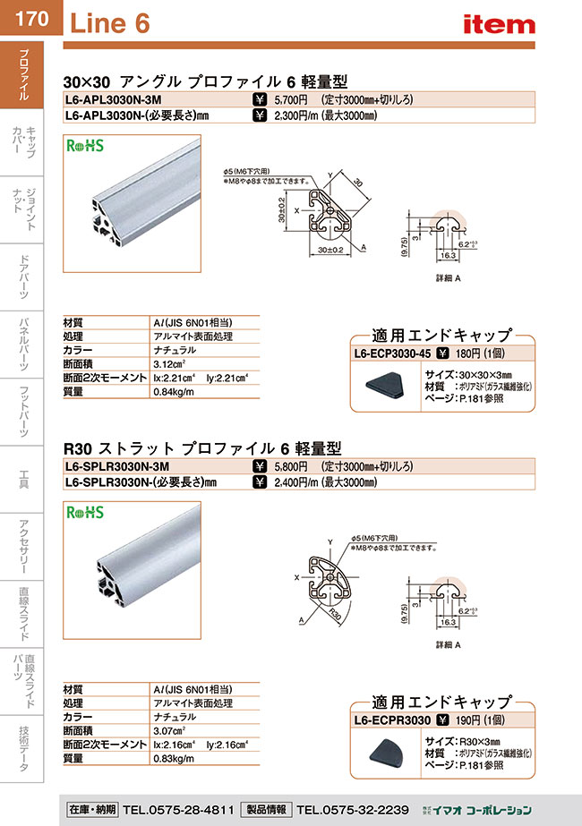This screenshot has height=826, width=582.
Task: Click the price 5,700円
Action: click(291, 100)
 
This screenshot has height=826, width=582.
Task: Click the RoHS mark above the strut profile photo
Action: click(87, 513)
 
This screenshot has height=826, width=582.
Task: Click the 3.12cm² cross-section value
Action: click(170, 363)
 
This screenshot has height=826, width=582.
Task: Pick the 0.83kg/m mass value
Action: click(175, 759)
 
